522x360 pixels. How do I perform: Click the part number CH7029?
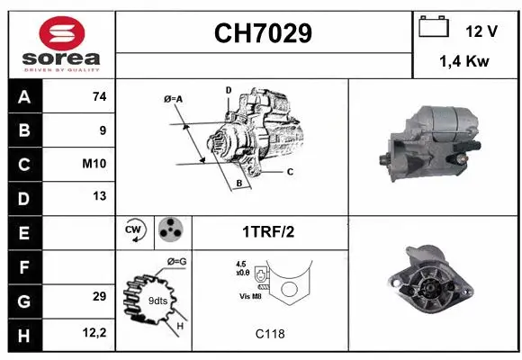[263, 34]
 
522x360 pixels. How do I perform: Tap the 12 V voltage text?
[481, 31]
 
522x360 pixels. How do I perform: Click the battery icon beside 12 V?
[434, 27]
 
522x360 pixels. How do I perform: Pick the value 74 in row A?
[99, 97]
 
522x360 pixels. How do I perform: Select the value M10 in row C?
[95, 164]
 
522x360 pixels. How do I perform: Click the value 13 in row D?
[99, 195]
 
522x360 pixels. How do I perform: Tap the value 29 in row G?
[99, 296]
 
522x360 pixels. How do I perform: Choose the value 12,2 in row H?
[95, 332]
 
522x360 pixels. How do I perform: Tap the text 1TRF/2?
[267, 231]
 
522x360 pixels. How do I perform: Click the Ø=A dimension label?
[173, 98]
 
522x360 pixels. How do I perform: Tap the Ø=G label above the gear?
[176, 262]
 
